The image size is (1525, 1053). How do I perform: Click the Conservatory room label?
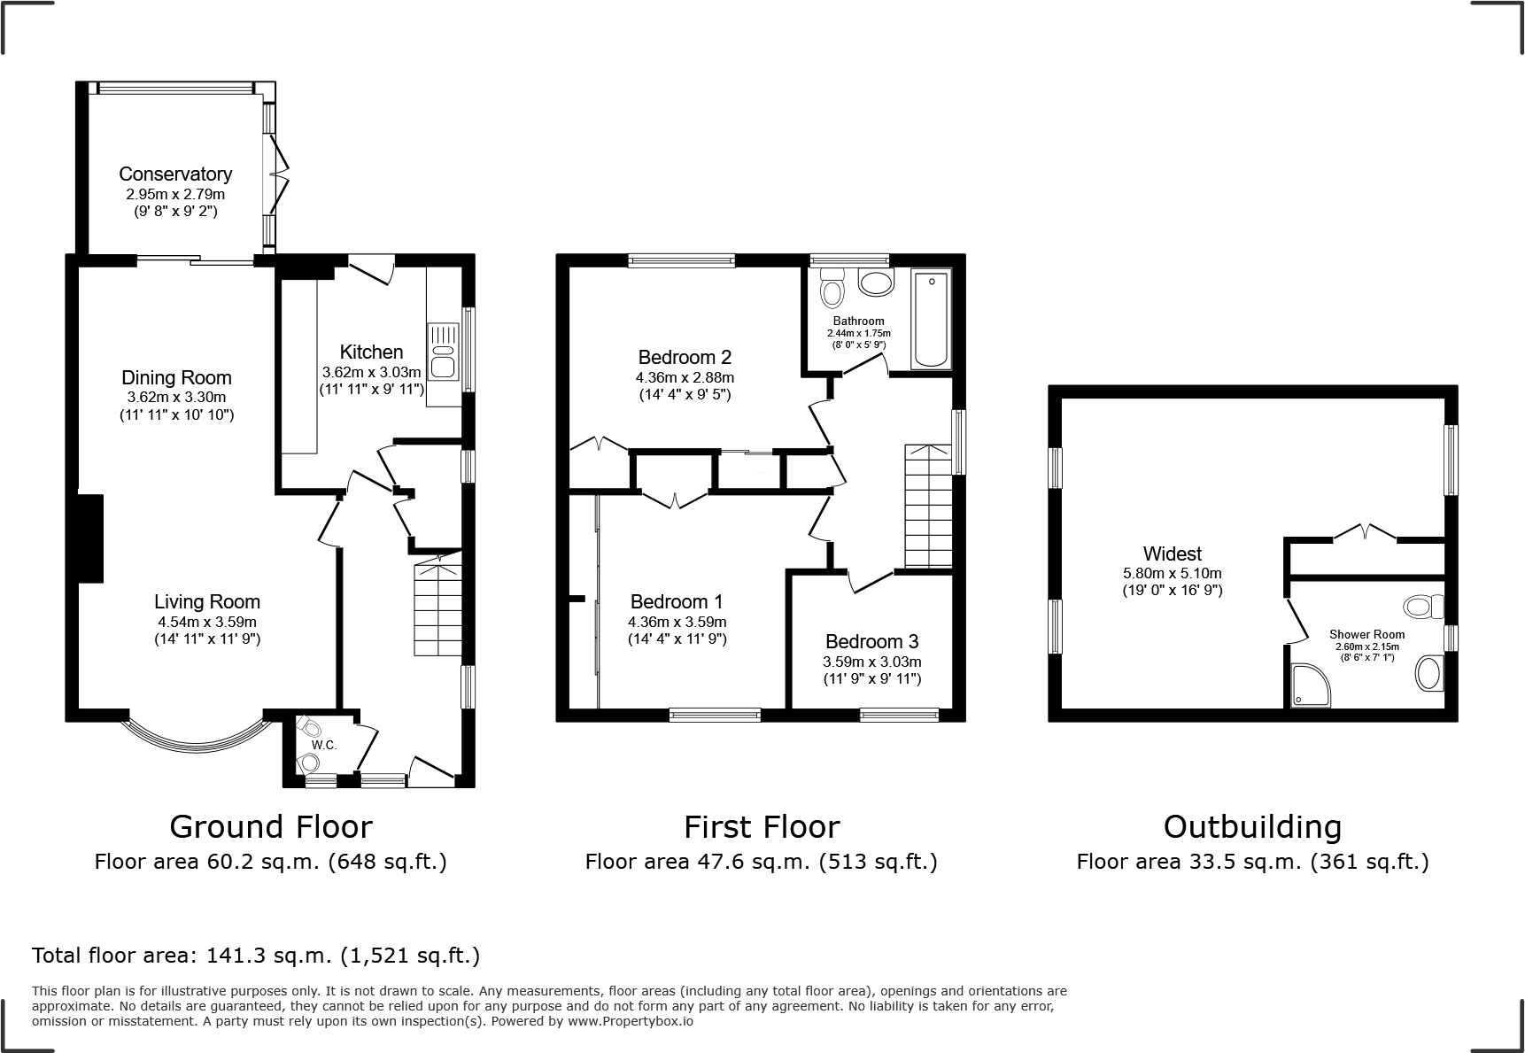tap(175, 174)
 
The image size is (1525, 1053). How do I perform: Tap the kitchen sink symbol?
tap(442, 352)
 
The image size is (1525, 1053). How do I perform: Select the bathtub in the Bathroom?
tap(931, 321)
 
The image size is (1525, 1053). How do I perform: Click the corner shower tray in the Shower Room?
tap(1309, 686)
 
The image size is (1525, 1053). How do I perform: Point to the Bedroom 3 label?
tap(871, 641)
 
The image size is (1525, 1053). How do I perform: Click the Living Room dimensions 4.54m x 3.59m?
tap(207, 622)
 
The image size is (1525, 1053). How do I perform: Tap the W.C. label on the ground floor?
tap(324, 746)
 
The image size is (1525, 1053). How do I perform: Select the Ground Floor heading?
tap(270, 826)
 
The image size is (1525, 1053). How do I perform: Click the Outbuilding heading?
tap(1252, 826)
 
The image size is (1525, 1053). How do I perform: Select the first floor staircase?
tap(928, 507)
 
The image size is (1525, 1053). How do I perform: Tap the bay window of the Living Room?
tap(196, 739)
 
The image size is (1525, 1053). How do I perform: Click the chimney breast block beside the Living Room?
tap(90, 538)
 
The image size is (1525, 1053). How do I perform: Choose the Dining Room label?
tap(176, 378)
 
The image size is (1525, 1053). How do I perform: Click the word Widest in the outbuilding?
tap(1172, 554)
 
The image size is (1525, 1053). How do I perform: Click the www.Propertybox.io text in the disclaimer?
tap(630, 1021)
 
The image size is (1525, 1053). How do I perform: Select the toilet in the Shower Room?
tap(1423, 607)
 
